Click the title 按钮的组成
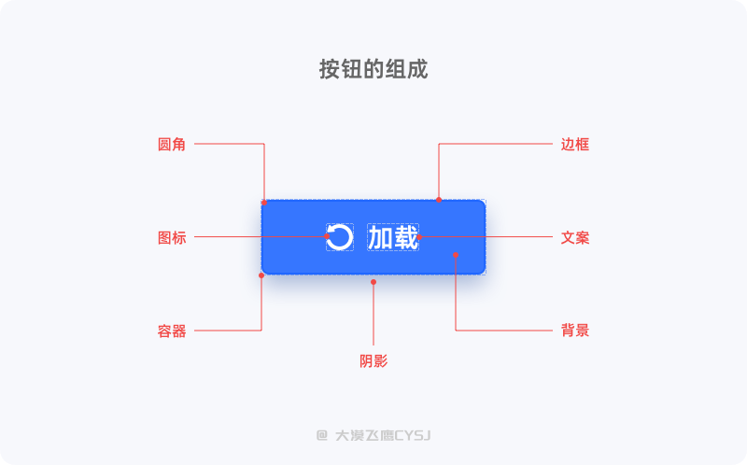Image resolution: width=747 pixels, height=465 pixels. tap(373, 69)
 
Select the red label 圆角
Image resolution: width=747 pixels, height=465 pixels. tap(172, 145)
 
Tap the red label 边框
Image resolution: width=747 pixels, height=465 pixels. tap(575, 145)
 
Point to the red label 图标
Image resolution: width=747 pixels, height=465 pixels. tap(172, 238)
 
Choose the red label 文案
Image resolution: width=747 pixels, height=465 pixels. tap(575, 238)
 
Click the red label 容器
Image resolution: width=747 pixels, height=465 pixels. tap(172, 331)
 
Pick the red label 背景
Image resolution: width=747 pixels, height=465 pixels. tap(575, 331)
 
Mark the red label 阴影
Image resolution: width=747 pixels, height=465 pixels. tap(373, 361)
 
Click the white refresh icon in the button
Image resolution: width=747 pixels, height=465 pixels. tap(340, 237)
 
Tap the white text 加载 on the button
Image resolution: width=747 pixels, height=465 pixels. tap(393, 237)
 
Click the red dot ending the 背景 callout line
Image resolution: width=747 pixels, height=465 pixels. tap(456, 255)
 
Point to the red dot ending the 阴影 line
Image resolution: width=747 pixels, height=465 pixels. tap(373, 282)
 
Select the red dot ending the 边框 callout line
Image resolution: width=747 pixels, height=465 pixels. tap(439, 200)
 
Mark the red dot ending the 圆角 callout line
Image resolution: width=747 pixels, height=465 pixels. tap(264, 203)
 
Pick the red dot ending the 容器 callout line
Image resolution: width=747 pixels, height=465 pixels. tap(261, 275)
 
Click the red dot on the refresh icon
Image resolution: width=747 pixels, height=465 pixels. tap(327, 236)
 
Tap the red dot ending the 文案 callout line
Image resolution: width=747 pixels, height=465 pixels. tap(419, 237)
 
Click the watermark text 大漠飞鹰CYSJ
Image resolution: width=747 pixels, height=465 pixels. tap(383, 435)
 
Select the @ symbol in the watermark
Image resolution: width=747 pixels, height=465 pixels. tap(322, 435)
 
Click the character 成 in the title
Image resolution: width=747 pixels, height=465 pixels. tap(417, 69)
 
